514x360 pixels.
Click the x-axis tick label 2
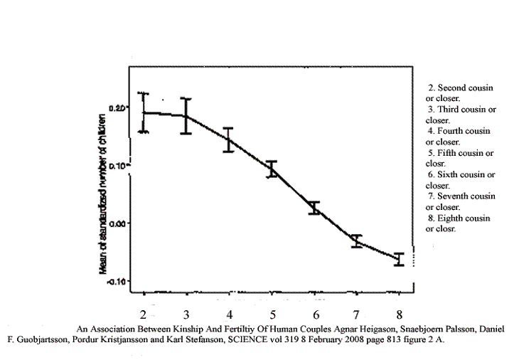144,314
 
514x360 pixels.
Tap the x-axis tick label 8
400,314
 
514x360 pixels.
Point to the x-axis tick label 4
229,314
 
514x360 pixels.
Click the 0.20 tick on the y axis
118,107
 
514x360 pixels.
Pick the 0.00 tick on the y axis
118,223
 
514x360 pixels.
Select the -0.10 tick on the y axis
117,282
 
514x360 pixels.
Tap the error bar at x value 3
186,116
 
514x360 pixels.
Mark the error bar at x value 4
229,140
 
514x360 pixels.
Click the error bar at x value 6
314,208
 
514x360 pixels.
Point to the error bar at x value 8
400,259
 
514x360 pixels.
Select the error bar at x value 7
357,240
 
